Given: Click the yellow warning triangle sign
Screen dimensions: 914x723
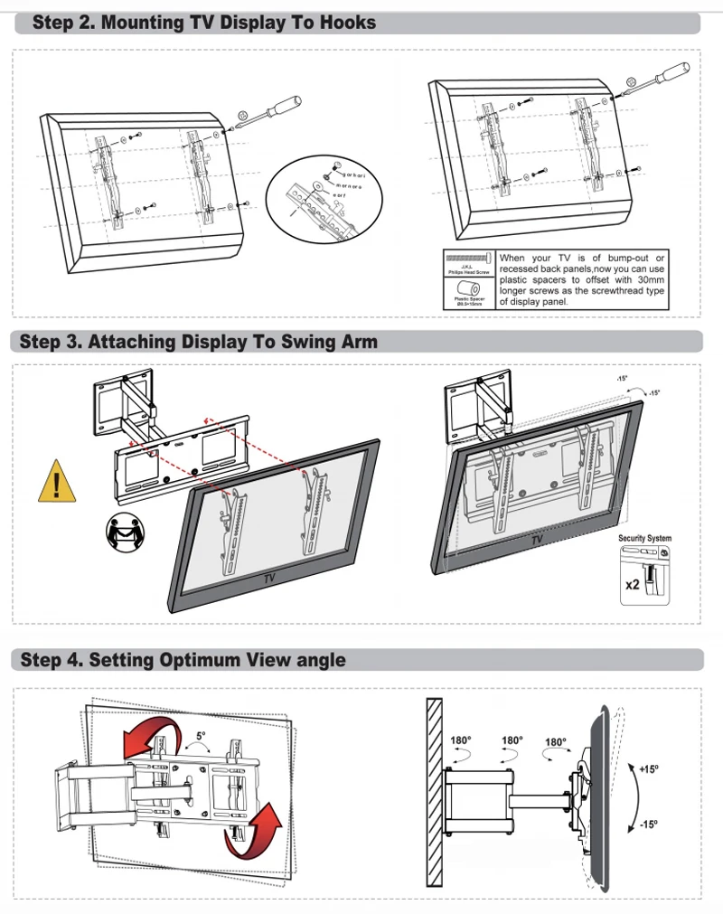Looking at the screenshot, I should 56,483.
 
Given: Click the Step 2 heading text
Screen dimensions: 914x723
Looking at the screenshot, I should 204,23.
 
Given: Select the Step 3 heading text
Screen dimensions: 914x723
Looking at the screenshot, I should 199,342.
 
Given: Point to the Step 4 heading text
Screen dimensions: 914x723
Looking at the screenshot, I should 183,660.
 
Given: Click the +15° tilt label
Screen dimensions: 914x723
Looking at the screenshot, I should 647,769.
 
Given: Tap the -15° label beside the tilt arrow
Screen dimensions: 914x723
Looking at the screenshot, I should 647,824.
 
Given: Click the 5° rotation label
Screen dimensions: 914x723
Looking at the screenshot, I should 201,737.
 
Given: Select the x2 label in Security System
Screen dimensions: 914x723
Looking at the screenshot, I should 632,584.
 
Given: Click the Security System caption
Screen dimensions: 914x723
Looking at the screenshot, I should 644,539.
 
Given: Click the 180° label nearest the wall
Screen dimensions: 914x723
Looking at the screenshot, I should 461,741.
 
